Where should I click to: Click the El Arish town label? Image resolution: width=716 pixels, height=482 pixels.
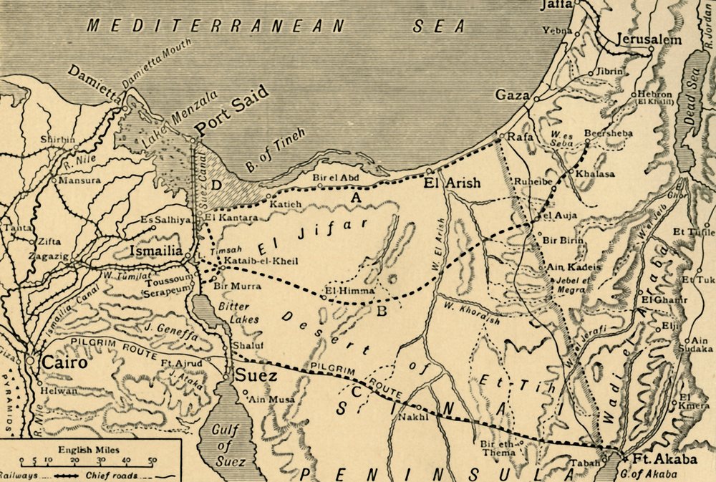click(452, 183)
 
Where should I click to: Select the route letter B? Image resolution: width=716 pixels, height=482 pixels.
click(382, 310)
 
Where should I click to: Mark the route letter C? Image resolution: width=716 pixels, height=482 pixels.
click(355, 391)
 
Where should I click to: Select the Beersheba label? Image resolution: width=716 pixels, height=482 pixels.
click(589, 133)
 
